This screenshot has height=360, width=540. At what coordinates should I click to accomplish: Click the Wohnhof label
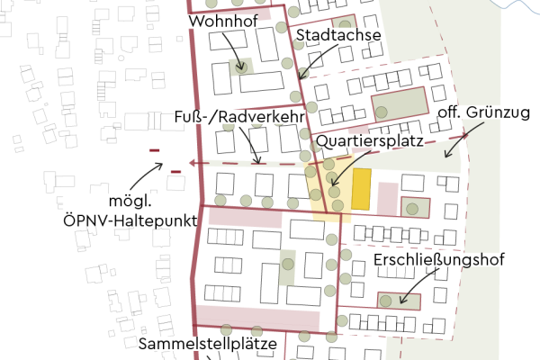(x=220, y=20)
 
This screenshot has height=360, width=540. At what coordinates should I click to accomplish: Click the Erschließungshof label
(x=439, y=259)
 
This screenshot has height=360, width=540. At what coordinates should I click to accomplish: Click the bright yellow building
(x=361, y=189)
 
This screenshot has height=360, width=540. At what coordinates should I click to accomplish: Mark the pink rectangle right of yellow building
(x=387, y=198)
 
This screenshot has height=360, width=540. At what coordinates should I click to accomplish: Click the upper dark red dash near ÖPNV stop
(x=154, y=150)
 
